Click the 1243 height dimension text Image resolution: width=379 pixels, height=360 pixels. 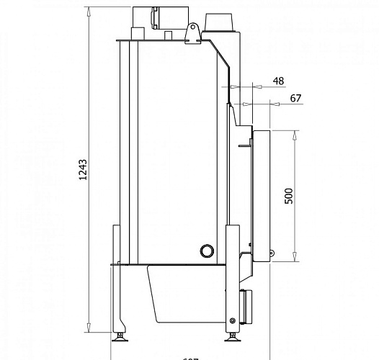(84, 172)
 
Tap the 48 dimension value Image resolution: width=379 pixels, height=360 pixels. (279, 81)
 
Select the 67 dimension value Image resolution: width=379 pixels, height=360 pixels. (294, 98)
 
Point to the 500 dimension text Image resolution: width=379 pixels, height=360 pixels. (289, 197)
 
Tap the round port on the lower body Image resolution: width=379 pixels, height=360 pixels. (207, 250)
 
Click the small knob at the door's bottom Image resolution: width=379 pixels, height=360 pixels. (271, 253)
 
